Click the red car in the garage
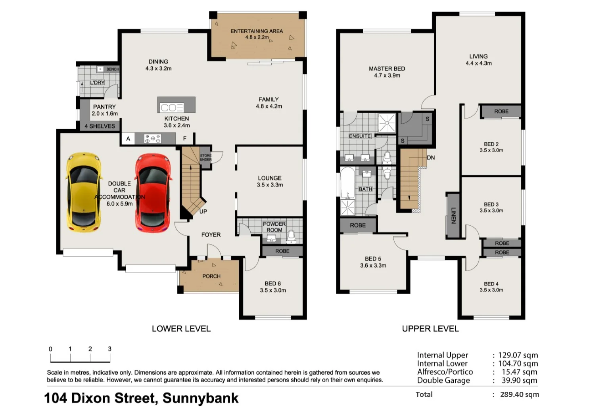pyautogui.click(x=153, y=192)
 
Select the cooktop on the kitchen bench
pyautogui.click(x=153, y=138)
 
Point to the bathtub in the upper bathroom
pyautogui.click(x=348, y=183)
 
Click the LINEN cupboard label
pyautogui.click(x=453, y=215)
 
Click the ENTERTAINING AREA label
pyautogui.click(x=257, y=31)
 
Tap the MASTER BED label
pyautogui.click(x=387, y=69)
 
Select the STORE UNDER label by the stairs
pyautogui.click(x=205, y=157)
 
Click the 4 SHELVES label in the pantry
pyautogui.click(x=100, y=126)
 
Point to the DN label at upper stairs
pyautogui.click(x=431, y=157)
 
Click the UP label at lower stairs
pyautogui.click(x=203, y=211)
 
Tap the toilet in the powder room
pyautogui.click(x=291, y=236)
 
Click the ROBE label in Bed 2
pyautogui.click(x=501, y=111)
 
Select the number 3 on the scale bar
pyautogui.click(x=110, y=349)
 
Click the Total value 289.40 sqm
pyautogui.click(x=519, y=394)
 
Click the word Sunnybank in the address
pyautogui.click(x=200, y=398)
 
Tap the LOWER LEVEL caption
pyautogui.click(x=181, y=329)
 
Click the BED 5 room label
pyautogui.click(x=373, y=259)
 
